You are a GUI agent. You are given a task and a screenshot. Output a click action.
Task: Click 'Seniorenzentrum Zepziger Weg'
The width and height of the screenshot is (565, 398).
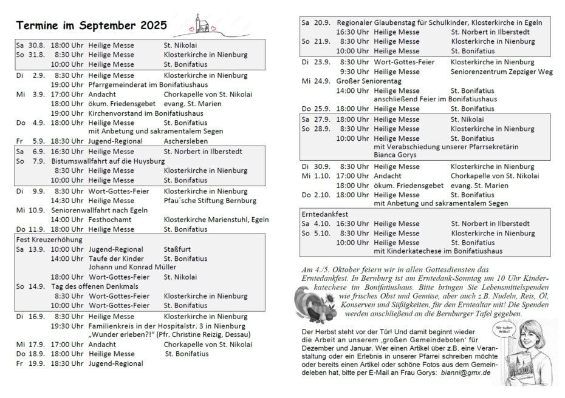(501, 72)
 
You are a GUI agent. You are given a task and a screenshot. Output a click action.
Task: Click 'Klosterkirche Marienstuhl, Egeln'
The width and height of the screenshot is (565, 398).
(216, 219)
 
